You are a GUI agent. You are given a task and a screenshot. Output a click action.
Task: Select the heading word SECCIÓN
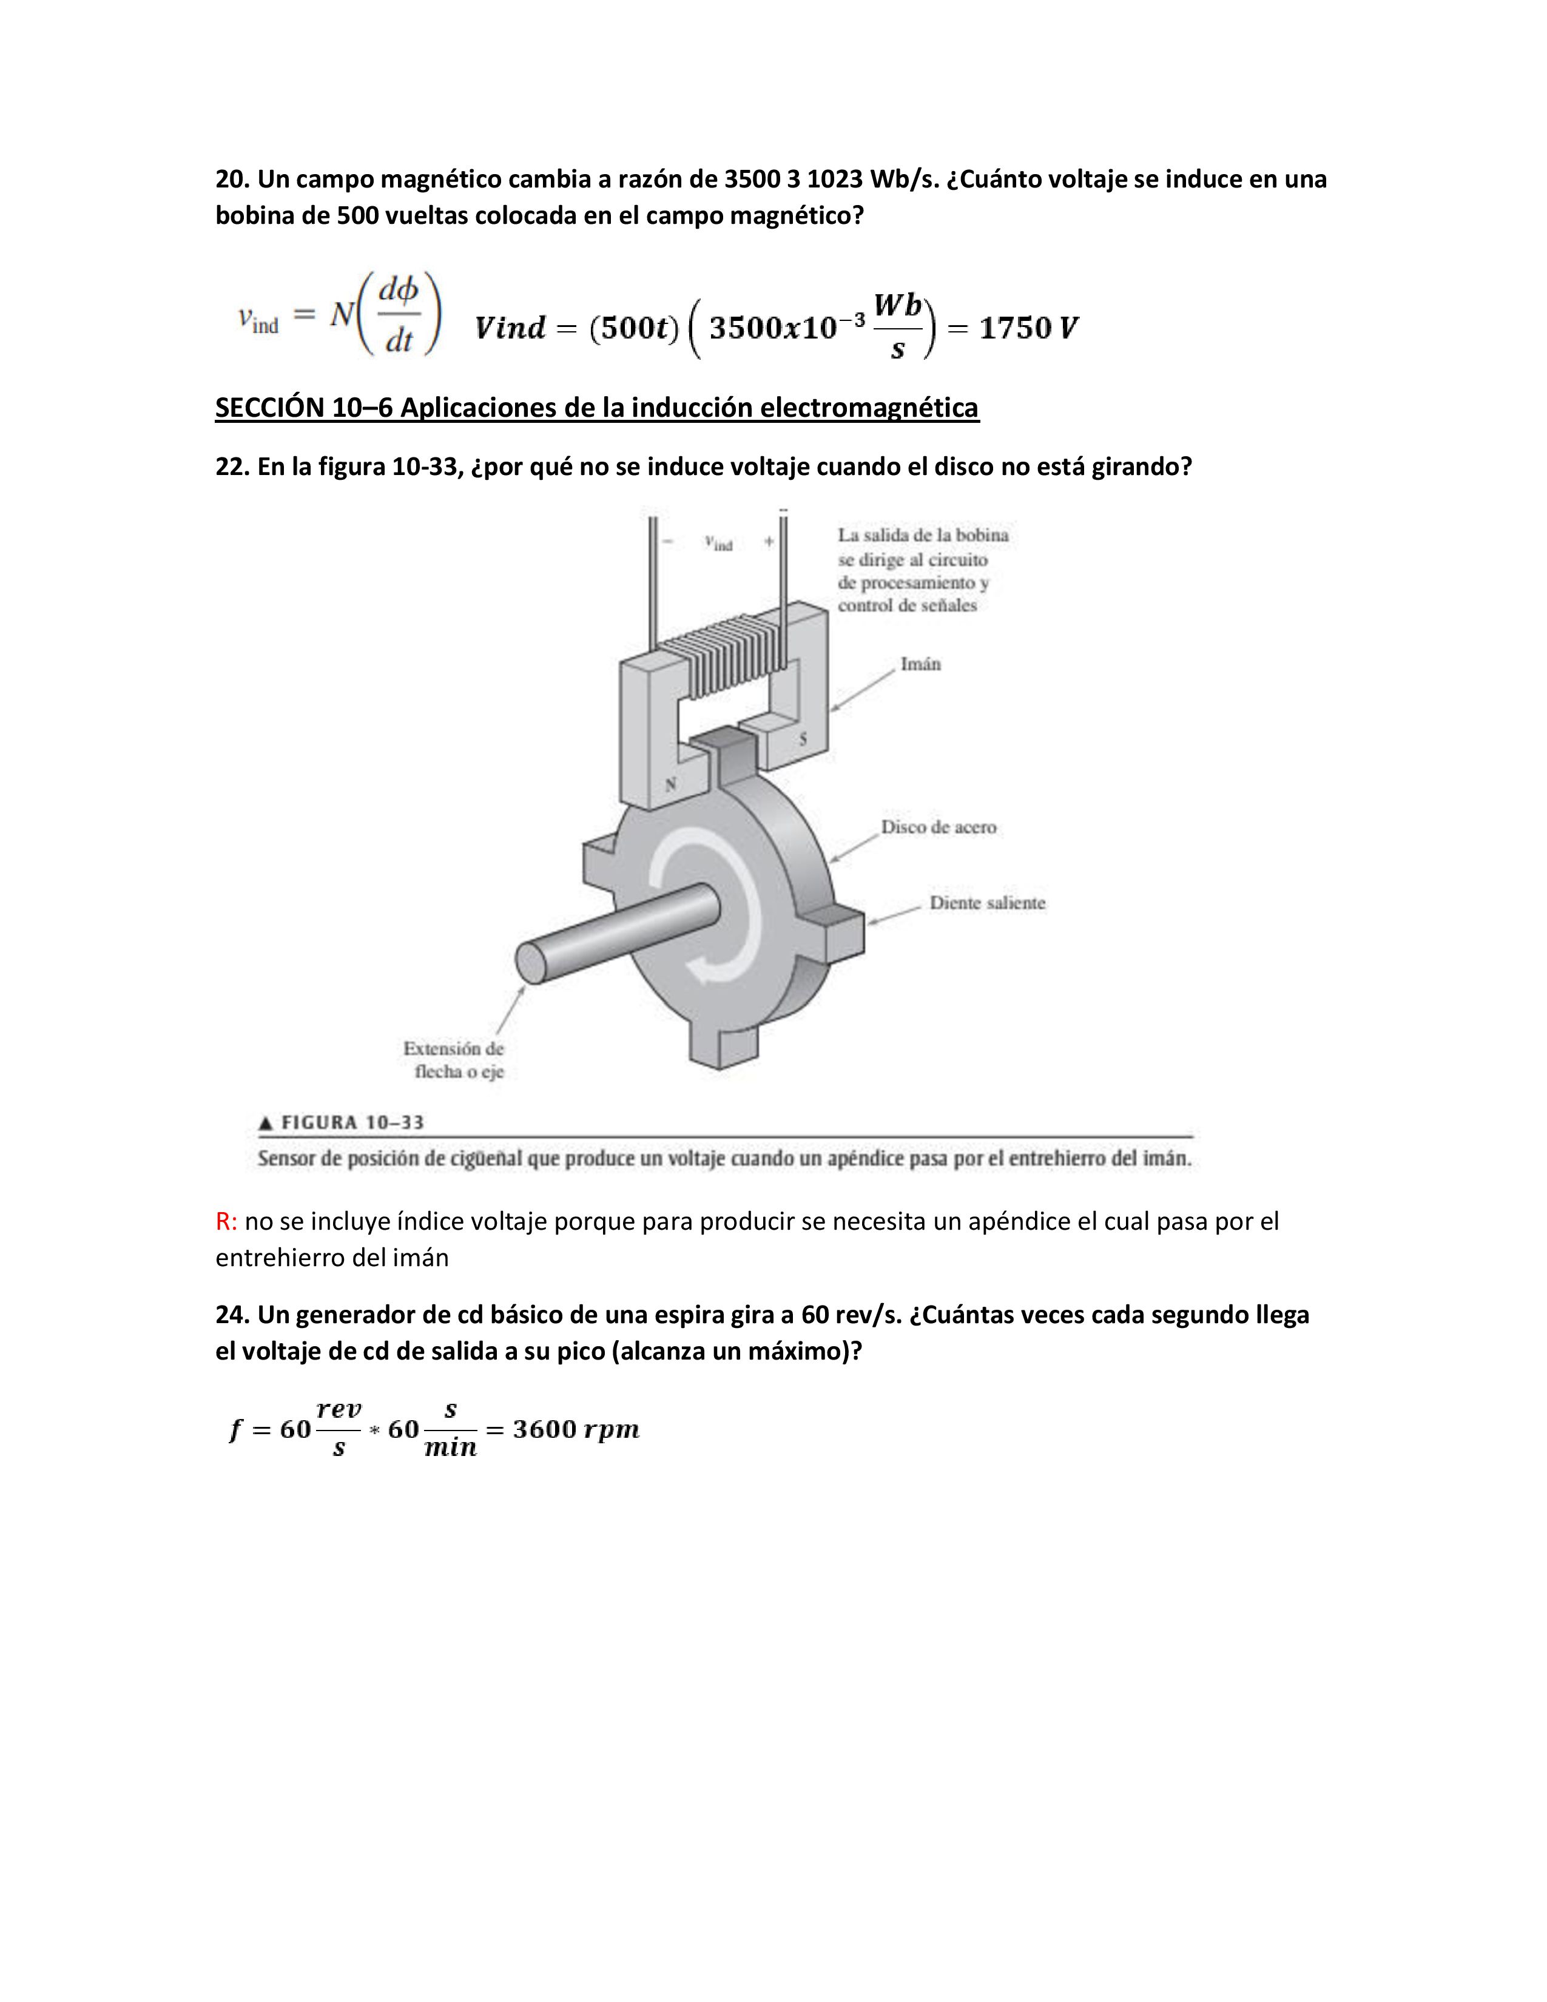click(x=269, y=407)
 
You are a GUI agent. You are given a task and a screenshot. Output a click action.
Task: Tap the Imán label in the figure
click(x=920, y=664)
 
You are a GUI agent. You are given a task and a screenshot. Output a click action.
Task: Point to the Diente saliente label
click(x=987, y=903)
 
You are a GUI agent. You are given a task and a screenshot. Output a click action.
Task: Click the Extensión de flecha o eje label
click(x=454, y=1060)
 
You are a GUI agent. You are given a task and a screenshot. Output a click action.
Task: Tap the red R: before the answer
click(x=226, y=1222)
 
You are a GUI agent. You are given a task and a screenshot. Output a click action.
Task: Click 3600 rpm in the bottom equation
click(x=576, y=1429)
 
